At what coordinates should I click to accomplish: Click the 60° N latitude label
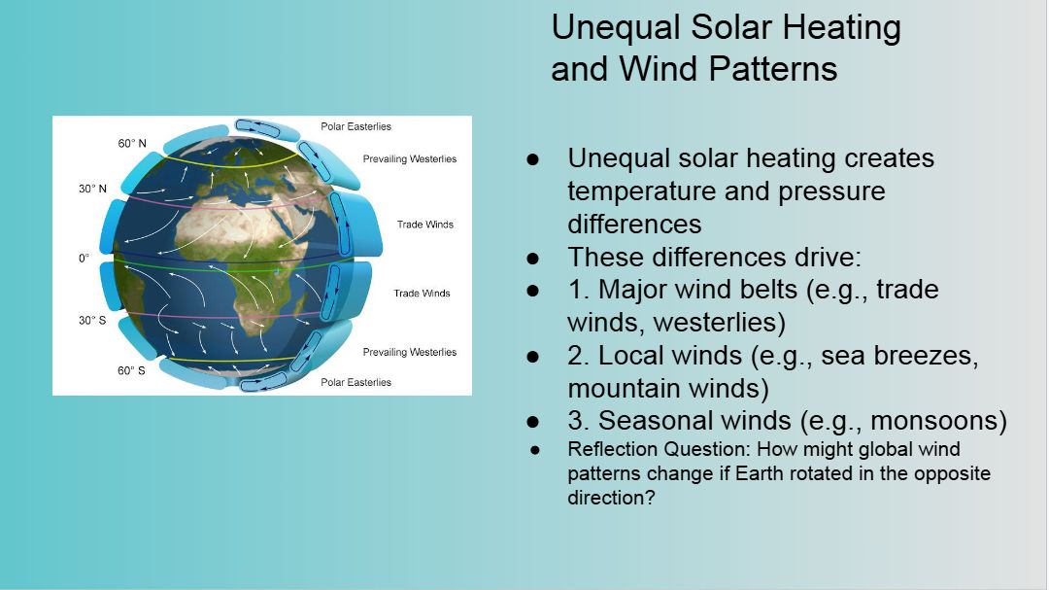pyautogui.click(x=132, y=143)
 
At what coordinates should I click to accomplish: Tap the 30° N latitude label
pyautogui.click(x=92, y=189)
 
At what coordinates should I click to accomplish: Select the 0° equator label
pyautogui.click(x=84, y=258)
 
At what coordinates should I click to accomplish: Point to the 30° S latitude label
pyautogui.click(x=92, y=320)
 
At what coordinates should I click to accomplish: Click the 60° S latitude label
pyautogui.click(x=131, y=370)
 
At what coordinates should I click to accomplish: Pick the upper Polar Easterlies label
pyautogui.click(x=355, y=126)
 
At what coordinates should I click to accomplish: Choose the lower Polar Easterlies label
pyautogui.click(x=355, y=382)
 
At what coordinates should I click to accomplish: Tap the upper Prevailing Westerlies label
pyautogui.click(x=410, y=158)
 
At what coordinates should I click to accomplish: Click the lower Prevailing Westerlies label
pyautogui.click(x=410, y=352)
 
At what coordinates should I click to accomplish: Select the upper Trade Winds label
pyautogui.click(x=424, y=225)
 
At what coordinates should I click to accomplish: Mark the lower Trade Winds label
pyautogui.click(x=422, y=294)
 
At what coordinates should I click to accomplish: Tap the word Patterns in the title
pyautogui.click(x=773, y=69)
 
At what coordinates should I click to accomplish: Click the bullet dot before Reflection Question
pyautogui.click(x=534, y=450)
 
